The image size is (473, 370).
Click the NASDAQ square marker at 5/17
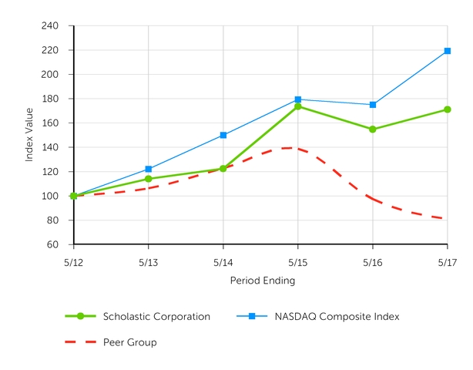point(448,51)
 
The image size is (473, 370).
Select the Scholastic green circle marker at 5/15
point(298,106)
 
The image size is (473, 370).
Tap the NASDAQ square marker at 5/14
point(223,135)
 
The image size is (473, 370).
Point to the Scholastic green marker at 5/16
point(373,129)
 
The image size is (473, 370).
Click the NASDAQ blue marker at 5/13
point(149,169)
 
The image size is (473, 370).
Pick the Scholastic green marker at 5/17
point(448,109)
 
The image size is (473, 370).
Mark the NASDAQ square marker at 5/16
point(373,105)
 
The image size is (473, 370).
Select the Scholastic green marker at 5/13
point(149,179)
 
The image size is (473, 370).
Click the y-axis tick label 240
point(51,26)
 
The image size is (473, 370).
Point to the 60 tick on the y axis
point(53,244)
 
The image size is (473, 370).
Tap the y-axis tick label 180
point(51,99)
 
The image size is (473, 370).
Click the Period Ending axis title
point(262,281)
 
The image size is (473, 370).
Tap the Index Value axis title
point(29,135)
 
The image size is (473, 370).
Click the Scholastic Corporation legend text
point(156,316)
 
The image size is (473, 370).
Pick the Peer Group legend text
point(129,342)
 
